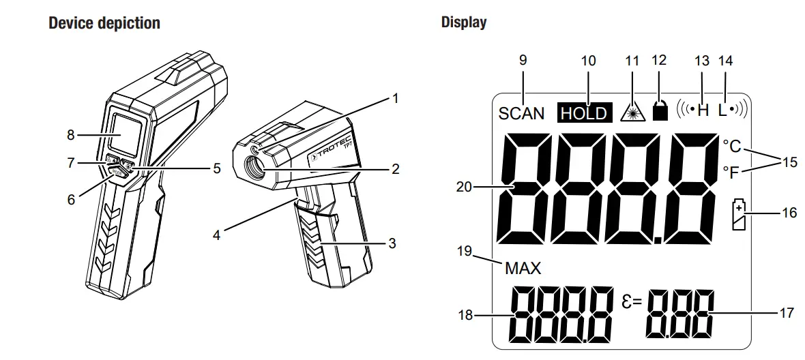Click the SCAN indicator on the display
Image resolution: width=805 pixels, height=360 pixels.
click(x=521, y=113)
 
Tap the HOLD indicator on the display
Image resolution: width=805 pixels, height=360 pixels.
click(x=583, y=113)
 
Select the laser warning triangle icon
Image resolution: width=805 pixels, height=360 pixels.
click(x=632, y=112)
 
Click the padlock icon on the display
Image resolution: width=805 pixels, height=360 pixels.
click(x=660, y=112)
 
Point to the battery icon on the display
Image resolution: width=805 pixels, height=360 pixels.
click(x=738, y=214)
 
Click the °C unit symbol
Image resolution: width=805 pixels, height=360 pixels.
click(x=731, y=145)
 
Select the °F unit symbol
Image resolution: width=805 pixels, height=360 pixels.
click(x=731, y=172)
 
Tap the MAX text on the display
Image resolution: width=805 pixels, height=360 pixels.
click(x=523, y=268)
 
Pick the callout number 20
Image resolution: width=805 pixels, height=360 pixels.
click(x=464, y=186)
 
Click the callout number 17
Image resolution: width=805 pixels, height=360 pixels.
click(x=787, y=313)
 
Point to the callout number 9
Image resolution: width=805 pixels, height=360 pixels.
click(x=523, y=60)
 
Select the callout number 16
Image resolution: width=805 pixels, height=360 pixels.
click(x=789, y=213)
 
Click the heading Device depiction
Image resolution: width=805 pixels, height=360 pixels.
click(x=104, y=22)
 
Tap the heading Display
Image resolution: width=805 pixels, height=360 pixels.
click(x=464, y=22)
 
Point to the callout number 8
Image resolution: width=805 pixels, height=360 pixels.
click(x=70, y=134)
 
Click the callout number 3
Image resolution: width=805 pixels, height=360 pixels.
click(x=391, y=242)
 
